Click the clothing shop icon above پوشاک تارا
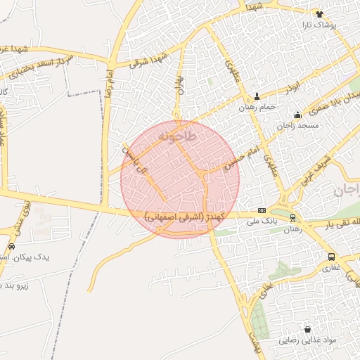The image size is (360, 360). coord(319,13)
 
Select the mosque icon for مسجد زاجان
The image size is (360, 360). coord(297,115)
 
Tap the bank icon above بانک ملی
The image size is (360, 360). coord(262,210)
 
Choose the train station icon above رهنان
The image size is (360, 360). coord(292,218)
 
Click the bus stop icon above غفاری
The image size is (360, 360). coord(331,257)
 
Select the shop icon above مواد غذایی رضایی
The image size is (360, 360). coord(307,329)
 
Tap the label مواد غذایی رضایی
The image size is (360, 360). coord(307,340)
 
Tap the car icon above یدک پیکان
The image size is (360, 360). coord(11,246)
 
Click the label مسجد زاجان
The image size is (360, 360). coord(297,125)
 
